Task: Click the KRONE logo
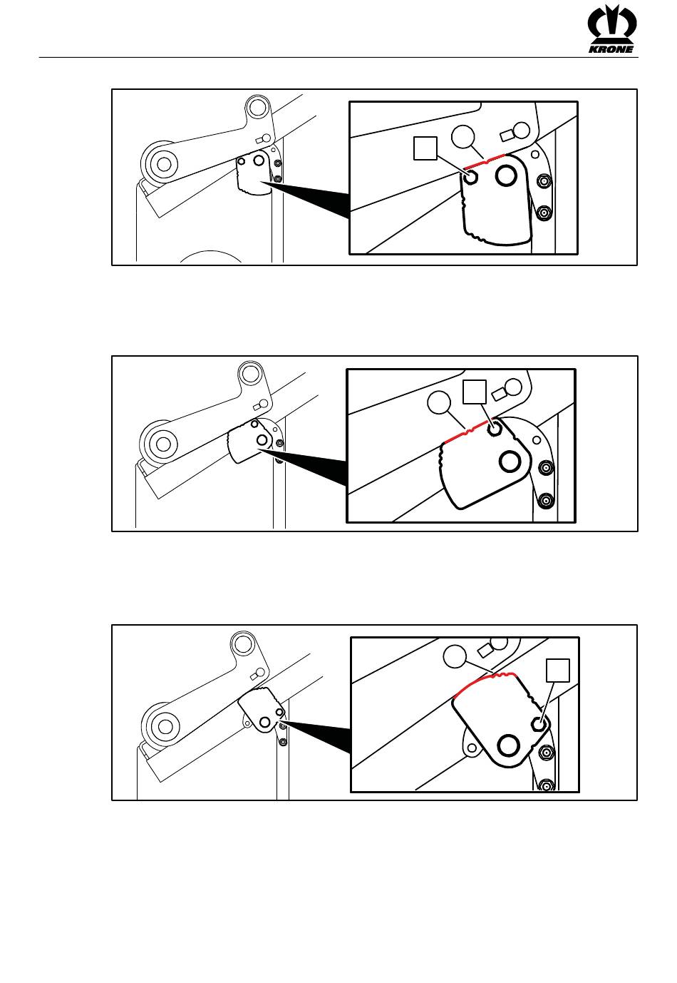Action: [611, 29]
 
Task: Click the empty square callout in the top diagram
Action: [425, 148]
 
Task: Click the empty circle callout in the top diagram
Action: [462, 136]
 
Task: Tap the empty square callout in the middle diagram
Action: [475, 392]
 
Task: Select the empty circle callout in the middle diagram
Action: [439, 402]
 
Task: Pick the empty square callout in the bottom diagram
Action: [558, 671]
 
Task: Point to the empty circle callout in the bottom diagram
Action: [455, 656]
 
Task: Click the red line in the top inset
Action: [485, 161]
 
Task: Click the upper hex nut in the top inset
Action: [543, 180]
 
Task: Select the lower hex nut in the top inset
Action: [543, 213]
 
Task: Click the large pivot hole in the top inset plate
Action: [506, 175]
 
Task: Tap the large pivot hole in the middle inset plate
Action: [510, 462]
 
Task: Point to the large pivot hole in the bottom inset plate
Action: [508, 745]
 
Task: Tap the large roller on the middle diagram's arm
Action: [158, 444]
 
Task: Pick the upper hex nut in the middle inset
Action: [546, 468]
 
